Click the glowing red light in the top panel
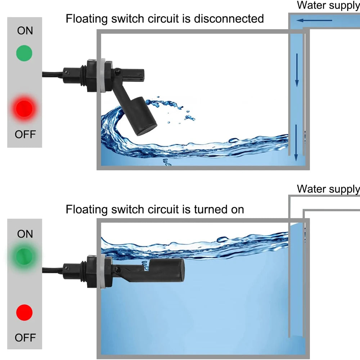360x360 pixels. pos(24,108)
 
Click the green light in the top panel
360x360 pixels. pos(24,53)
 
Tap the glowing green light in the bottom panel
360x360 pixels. pos(24,256)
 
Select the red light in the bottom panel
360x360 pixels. pos(24,312)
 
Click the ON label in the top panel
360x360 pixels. pos(25,31)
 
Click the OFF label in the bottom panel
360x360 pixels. pos(25,338)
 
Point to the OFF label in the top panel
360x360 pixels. pos(25,134)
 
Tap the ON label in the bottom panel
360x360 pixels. pos(25,234)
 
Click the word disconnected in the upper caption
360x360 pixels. pos(229,19)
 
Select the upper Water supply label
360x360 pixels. pos(328,5)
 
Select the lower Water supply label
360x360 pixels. pos(328,189)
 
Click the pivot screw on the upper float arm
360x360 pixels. pos(117,73)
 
